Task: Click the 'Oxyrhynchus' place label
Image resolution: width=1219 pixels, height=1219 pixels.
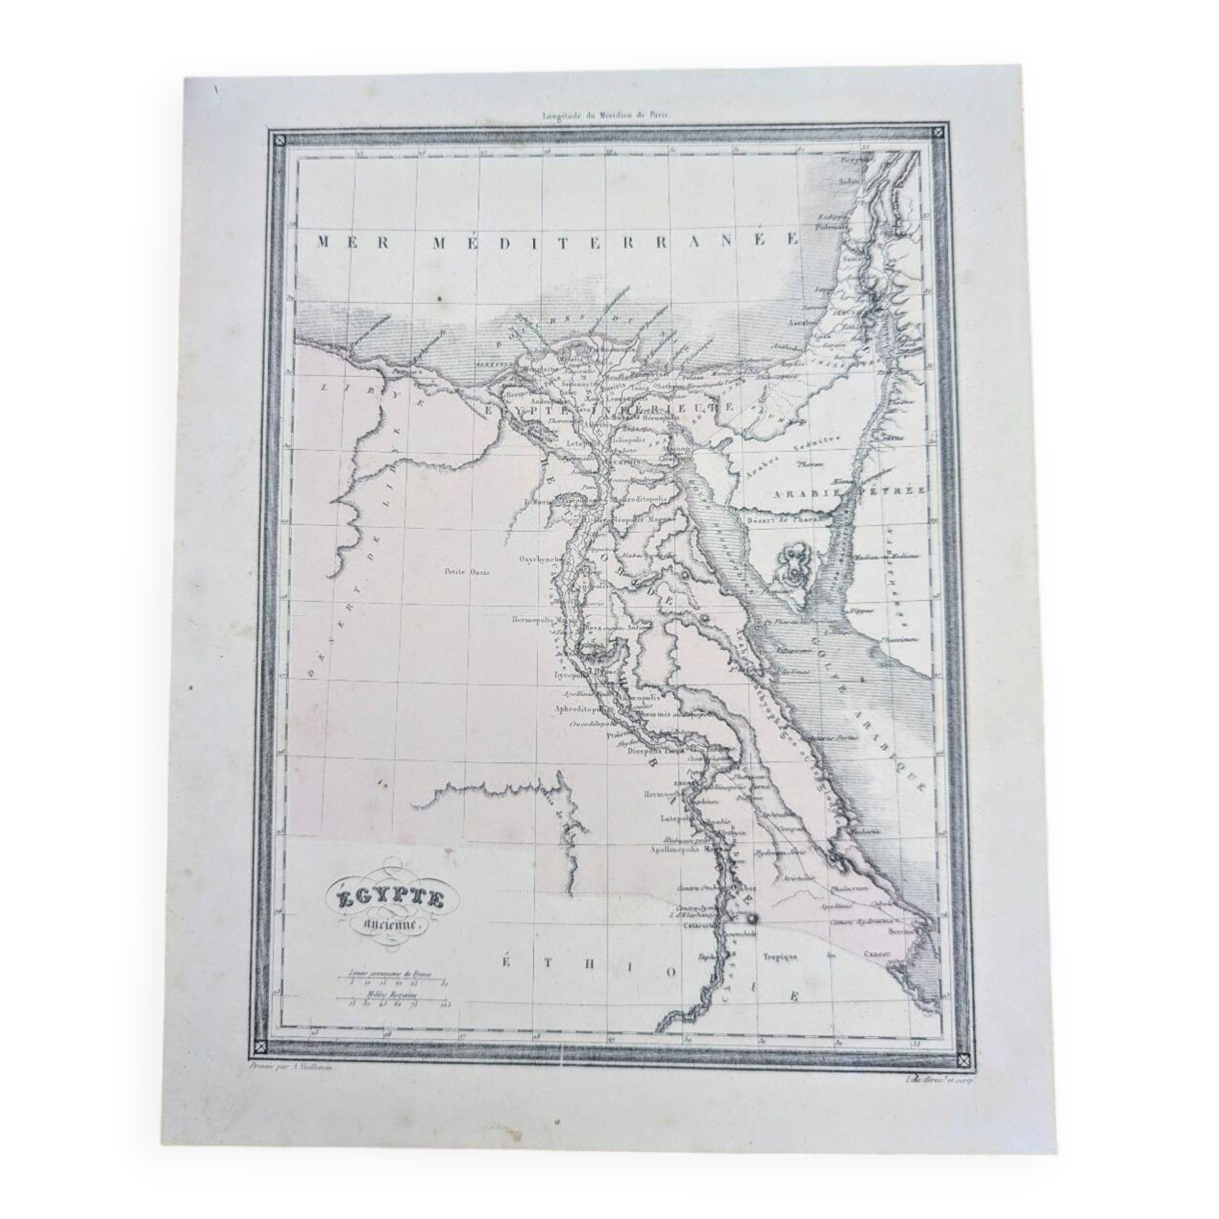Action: coord(541,559)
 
